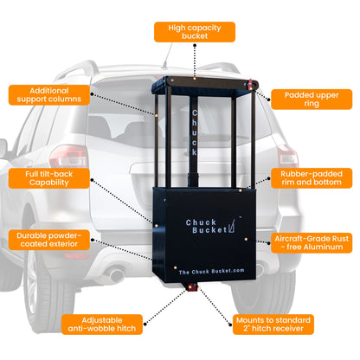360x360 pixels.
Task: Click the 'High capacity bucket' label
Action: pyautogui.click(x=195, y=32)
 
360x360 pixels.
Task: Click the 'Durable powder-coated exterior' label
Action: pyautogui.click(x=47, y=239)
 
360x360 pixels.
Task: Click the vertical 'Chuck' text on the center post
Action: pyautogui.click(x=195, y=134)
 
